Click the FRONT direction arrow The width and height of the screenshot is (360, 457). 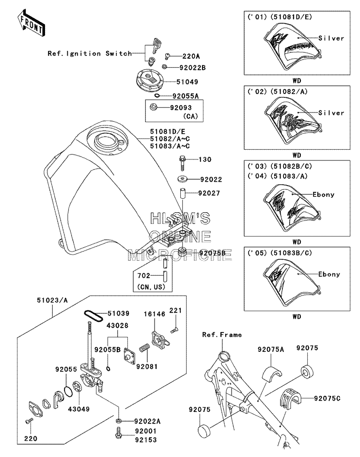[31, 23]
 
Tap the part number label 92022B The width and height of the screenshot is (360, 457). [192, 68]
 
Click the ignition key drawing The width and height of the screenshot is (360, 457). [156, 46]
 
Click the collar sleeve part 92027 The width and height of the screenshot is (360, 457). [182, 194]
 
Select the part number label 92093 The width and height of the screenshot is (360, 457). [181, 108]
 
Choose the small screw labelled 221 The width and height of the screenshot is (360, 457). [174, 330]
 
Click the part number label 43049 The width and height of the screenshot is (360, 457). [78, 409]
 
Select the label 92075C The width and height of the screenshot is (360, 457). [327, 398]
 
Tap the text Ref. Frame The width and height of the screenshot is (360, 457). [222, 335]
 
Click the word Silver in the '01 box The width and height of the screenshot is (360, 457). [331, 38]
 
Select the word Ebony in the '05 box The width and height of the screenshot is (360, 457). [329, 274]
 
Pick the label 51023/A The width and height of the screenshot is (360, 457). [52, 300]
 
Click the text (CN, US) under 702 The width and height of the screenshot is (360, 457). [151, 287]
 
